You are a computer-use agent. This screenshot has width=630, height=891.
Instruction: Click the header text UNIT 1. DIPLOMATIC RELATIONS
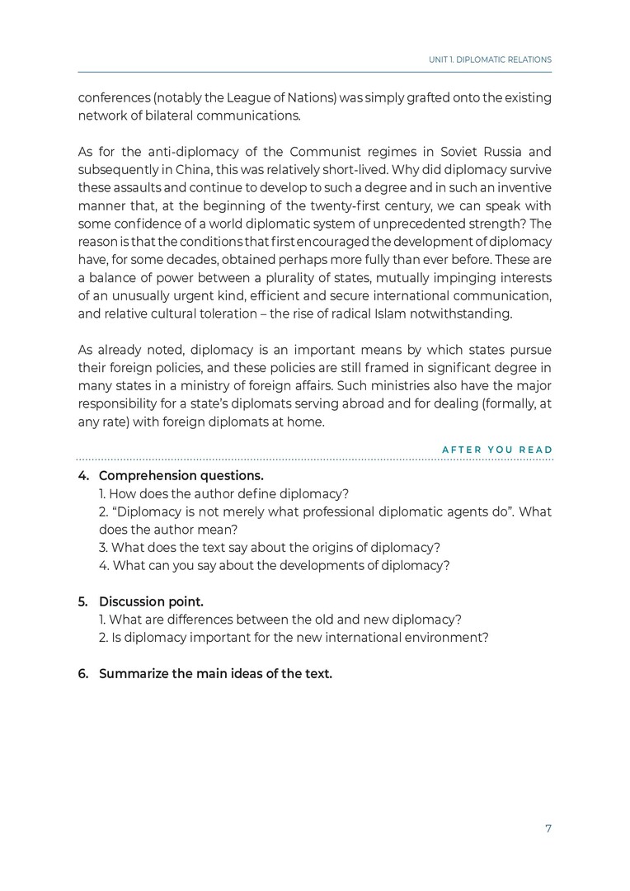tap(490, 60)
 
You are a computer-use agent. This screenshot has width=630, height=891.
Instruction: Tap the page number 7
tap(548, 828)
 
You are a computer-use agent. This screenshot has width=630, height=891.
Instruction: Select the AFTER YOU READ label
tap(497, 450)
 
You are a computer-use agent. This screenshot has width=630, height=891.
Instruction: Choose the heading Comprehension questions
tap(181, 476)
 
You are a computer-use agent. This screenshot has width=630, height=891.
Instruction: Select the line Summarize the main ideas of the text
tap(215, 673)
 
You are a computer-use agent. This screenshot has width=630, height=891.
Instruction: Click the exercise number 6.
tap(83, 673)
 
